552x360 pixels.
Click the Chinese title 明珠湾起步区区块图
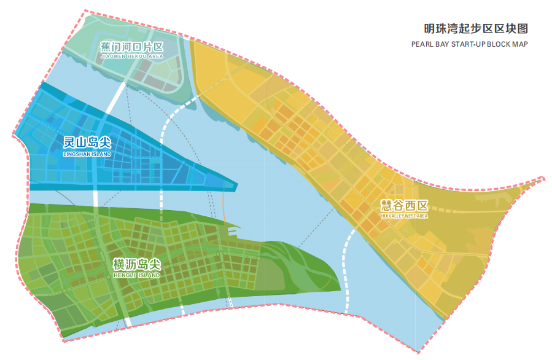(476, 29)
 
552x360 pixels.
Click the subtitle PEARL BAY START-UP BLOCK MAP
(470, 44)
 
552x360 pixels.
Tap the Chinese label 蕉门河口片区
(131, 47)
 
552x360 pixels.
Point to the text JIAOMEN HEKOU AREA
(131, 57)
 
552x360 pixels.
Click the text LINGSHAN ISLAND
(87, 154)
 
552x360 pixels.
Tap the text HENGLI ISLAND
(136, 276)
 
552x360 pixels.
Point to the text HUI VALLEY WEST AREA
(403, 216)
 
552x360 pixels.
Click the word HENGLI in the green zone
(123, 276)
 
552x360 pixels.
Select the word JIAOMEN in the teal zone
(112, 57)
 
